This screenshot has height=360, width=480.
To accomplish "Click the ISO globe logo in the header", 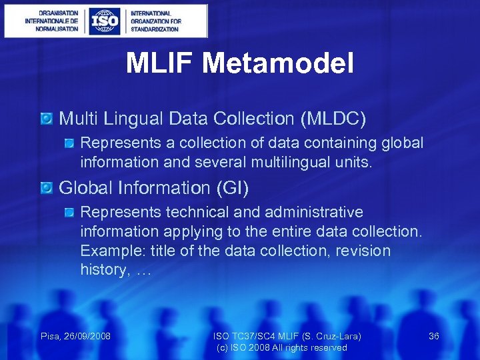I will point(105,21).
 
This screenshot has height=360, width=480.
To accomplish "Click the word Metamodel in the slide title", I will point(279,64).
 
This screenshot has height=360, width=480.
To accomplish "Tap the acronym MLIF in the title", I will point(159,64).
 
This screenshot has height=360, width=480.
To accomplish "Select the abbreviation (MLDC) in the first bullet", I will point(333,119).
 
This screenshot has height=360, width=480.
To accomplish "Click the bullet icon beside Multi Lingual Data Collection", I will point(46,119).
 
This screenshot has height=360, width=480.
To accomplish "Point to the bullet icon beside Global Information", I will point(46,189).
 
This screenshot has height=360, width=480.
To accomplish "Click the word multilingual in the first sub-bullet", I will point(275,162).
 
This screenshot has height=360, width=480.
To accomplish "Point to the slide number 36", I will point(433,336).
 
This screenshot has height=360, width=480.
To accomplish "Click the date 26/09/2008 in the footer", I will point(89,336).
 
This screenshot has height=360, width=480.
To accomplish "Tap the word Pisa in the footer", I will point(51,336).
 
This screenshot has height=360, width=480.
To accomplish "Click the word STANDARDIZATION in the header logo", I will point(155,29).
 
